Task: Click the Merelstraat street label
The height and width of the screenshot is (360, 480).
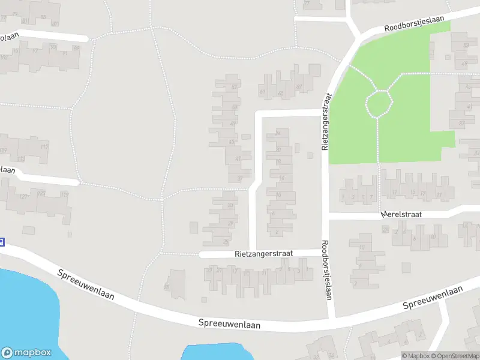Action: coord(400,214)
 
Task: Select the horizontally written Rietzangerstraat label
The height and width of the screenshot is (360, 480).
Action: coord(263,254)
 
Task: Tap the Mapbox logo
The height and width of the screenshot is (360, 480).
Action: coord(26,353)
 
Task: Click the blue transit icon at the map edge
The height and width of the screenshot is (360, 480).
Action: coord(2,242)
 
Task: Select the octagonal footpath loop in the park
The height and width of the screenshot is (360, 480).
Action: coord(379,103)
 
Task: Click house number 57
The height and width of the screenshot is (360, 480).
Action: coord(234,88)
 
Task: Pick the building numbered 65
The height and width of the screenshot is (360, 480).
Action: coord(281,94)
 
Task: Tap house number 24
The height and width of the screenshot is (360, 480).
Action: coord(278,133)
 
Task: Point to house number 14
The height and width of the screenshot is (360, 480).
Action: coord(281,178)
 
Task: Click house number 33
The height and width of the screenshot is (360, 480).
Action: coord(231,205)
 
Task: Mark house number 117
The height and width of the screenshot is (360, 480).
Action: coord(43,147)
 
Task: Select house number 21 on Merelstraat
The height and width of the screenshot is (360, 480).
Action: coord(439,194)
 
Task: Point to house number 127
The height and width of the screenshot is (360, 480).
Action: coord(24,197)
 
